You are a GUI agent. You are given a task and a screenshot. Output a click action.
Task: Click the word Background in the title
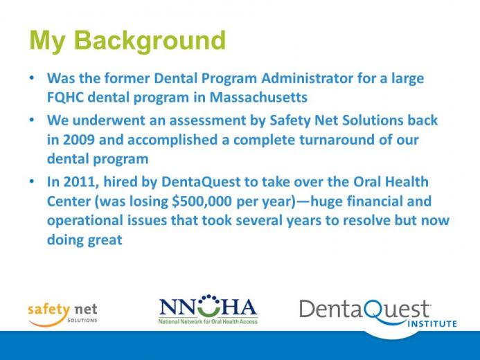click(150, 42)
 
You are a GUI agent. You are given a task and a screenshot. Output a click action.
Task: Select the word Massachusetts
click(258, 97)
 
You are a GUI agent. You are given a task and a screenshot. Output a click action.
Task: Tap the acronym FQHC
click(65, 98)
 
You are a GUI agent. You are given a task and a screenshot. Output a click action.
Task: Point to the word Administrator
click(308, 78)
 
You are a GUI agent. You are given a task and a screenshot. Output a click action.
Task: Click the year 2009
click(79, 140)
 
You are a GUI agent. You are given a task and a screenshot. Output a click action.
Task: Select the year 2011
click(81, 182)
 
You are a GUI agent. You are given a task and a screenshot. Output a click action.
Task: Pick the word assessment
click(208, 120)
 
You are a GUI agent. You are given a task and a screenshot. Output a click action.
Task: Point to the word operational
click(85, 221)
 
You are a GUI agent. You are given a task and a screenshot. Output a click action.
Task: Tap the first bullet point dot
click(32, 78)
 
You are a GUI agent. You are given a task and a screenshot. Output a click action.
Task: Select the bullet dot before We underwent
click(32, 120)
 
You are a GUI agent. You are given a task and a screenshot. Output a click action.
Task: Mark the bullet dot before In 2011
click(32, 181)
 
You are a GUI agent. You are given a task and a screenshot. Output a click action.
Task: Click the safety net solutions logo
click(62, 315)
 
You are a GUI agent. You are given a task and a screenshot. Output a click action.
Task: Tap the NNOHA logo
click(208, 309)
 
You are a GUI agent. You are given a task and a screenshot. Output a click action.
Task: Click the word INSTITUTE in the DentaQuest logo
click(432, 323)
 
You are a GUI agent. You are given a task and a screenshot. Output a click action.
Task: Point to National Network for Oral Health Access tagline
click(208, 321)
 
